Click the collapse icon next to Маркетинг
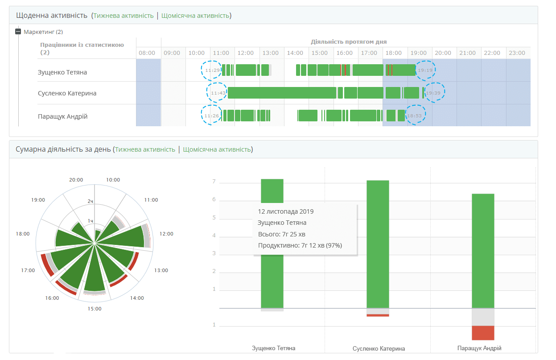(x=18, y=32)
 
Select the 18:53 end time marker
(x=415, y=116)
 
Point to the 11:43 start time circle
(x=218, y=93)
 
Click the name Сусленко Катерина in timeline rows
(x=67, y=93)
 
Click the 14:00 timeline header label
(x=295, y=53)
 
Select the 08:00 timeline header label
(x=147, y=53)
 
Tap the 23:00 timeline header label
(x=517, y=53)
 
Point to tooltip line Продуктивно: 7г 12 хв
(x=300, y=245)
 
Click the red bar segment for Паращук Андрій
(x=483, y=333)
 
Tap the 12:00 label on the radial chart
(x=166, y=234)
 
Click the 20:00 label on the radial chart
(x=76, y=180)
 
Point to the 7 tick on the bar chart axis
(x=214, y=182)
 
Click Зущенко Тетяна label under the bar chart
(x=273, y=348)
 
